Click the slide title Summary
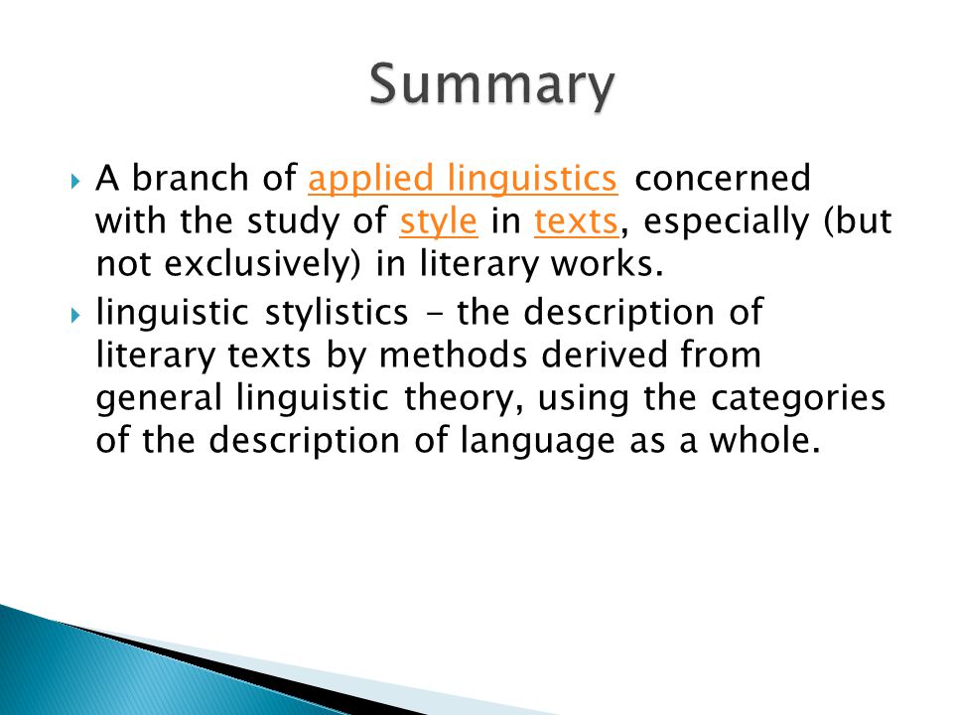point(491,85)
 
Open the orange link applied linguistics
point(464,179)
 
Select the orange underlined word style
point(439,221)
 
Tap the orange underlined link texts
point(576,221)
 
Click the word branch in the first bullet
point(190,178)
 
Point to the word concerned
point(723,178)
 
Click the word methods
point(453,355)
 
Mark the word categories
point(798,399)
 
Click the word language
point(537,441)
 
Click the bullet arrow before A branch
point(75,181)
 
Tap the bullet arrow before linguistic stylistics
point(75,315)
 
